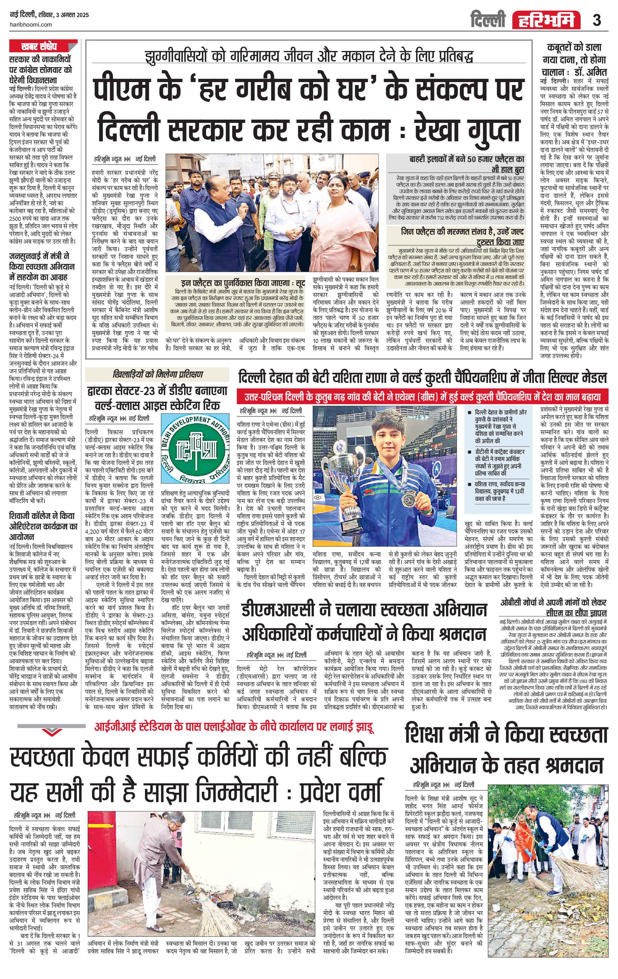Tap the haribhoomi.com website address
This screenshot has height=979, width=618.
coord(31,24)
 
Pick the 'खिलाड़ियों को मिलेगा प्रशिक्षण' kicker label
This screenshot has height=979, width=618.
coord(158,374)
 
